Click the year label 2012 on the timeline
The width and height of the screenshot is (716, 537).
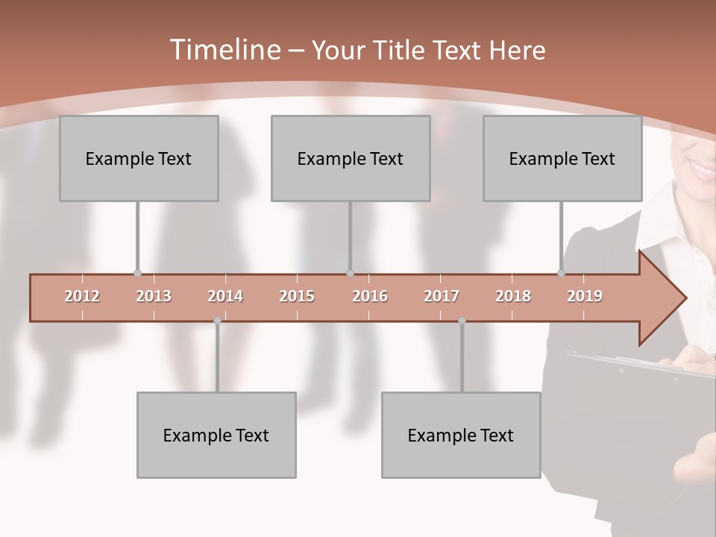point(82,296)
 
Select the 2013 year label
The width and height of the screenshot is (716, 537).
point(154,296)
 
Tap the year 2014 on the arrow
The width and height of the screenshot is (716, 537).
point(225,296)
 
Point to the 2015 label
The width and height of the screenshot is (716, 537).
point(297,296)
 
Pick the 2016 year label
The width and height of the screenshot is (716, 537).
point(370,296)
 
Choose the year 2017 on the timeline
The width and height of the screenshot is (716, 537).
point(442,296)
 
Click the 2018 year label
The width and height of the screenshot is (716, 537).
point(513,296)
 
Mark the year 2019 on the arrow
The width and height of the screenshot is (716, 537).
point(585,296)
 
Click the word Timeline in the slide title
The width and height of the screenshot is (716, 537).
point(224,50)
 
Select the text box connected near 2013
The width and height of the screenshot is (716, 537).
point(139,158)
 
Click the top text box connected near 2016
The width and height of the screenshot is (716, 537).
point(351,158)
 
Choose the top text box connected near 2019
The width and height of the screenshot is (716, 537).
point(562,158)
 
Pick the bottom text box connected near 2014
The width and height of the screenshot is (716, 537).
point(216,435)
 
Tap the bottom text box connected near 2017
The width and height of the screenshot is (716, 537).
point(461,435)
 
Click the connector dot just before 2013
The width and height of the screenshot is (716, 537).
point(137,274)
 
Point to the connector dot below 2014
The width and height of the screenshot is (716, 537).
point(217,321)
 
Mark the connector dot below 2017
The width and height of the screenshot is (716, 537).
point(462,321)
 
